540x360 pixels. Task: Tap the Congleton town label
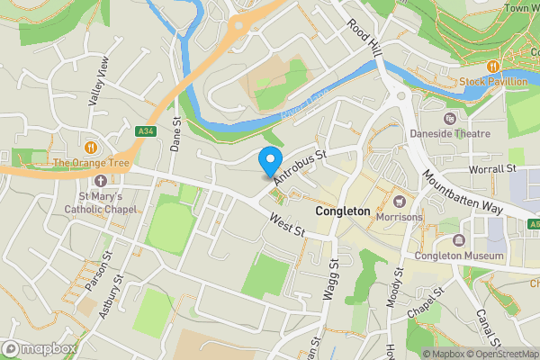point(343,211)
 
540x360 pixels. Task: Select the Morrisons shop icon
point(400,200)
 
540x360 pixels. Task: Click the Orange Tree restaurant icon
point(90,147)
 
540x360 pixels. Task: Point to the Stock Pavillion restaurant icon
point(493,67)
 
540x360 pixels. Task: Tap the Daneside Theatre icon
point(449,117)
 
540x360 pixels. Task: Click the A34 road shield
point(145,131)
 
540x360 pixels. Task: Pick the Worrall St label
point(491,168)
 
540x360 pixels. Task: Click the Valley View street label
point(99,82)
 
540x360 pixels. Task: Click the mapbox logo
point(38,348)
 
